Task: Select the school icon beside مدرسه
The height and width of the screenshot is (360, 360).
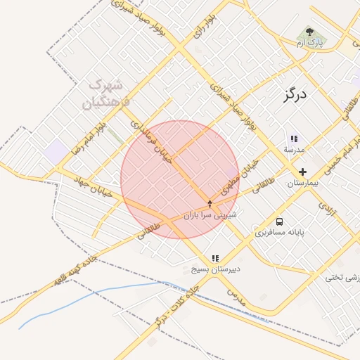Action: click(293, 139)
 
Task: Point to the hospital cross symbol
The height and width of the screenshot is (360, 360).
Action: click(302, 172)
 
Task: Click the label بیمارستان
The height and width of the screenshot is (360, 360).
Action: click(302, 183)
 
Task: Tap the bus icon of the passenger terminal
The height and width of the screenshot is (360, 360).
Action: click(280, 221)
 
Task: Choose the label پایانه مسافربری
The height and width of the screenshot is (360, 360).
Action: click(280, 232)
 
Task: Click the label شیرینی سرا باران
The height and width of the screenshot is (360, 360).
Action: click(210, 214)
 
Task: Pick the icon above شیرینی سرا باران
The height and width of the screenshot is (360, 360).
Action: click(209, 203)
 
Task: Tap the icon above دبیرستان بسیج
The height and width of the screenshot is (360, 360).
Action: click(215, 259)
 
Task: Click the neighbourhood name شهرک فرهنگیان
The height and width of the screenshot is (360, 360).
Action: click(107, 94)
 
